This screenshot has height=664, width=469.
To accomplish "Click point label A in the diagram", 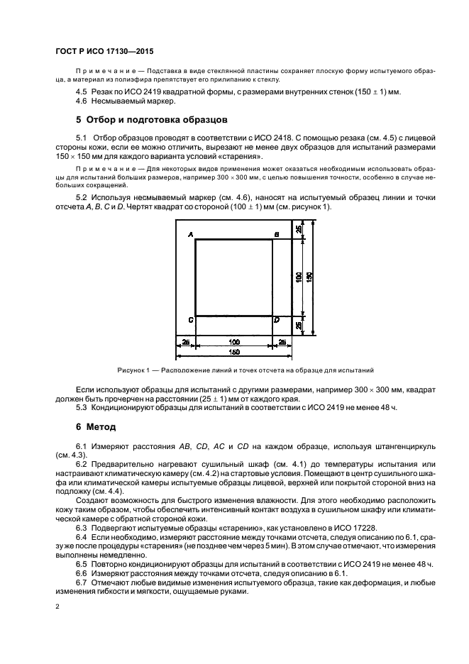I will (x=191, y=233).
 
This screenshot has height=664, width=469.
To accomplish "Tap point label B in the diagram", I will (x=276, y=233).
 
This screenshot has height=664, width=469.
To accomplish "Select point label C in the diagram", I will (x=191, y=321).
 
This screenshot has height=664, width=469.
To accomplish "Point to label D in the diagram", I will (x=277, y=321).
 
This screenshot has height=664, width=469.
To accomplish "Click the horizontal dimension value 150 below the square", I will (x=234, y=351).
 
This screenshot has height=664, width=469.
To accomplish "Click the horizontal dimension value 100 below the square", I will (x=233, y=341).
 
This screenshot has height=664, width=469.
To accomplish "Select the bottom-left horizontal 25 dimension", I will (x=185, y=341).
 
